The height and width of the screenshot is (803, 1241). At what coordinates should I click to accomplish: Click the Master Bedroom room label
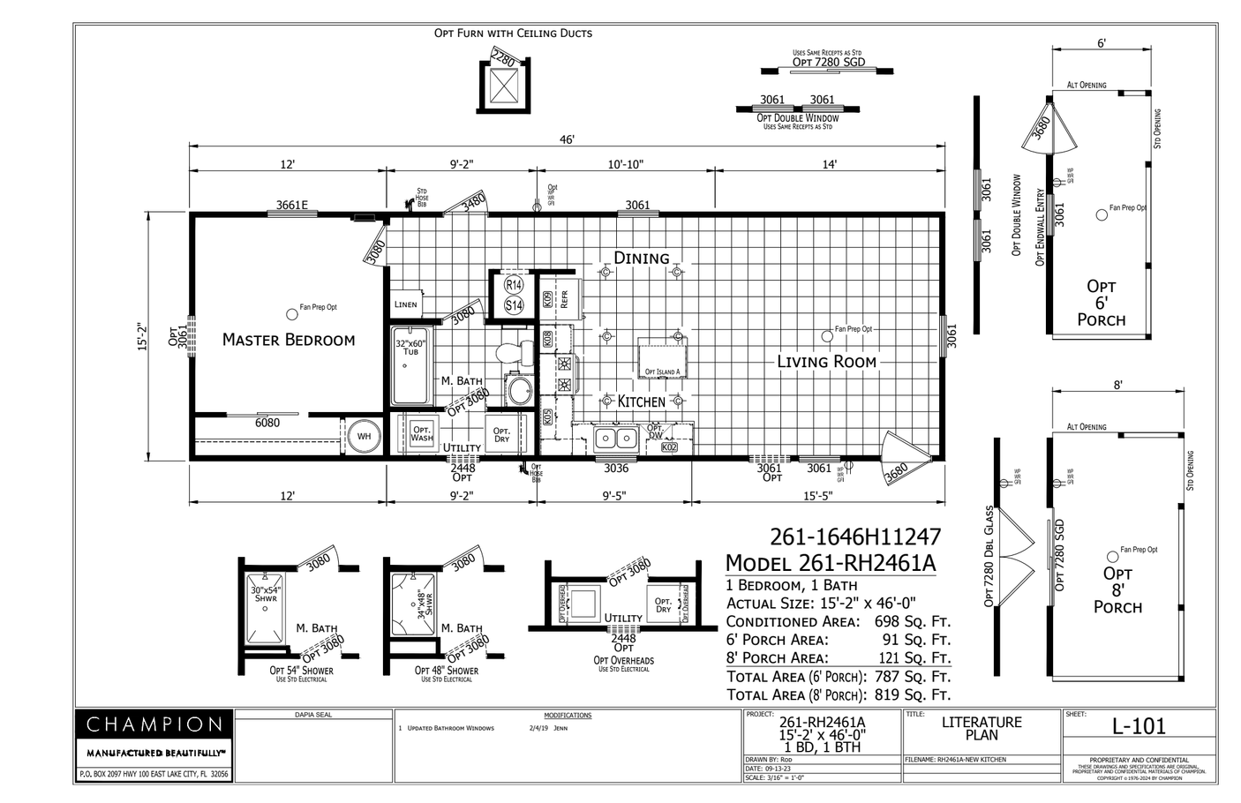289,340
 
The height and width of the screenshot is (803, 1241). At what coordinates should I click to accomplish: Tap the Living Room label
826,361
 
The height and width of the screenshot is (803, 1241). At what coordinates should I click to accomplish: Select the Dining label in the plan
642,258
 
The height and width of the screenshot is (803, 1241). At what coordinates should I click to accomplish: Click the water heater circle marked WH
363,436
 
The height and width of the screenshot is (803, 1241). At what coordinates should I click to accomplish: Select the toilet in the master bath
510,354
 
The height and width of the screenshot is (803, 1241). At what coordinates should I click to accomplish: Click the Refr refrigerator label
564,299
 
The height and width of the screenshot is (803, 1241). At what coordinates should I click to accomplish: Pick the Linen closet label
405,304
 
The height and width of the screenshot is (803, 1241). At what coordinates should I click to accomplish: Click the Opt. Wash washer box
422,433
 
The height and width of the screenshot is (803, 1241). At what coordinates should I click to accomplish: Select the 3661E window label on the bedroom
292,205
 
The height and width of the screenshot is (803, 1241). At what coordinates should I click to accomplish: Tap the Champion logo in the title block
154,725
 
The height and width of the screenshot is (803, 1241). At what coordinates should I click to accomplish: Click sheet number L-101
1139,726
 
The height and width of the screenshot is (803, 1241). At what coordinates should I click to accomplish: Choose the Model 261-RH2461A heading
830,563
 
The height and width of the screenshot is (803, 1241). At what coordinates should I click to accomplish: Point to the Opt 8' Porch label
1117,590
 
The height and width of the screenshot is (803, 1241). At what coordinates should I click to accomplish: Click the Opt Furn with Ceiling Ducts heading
513,34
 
